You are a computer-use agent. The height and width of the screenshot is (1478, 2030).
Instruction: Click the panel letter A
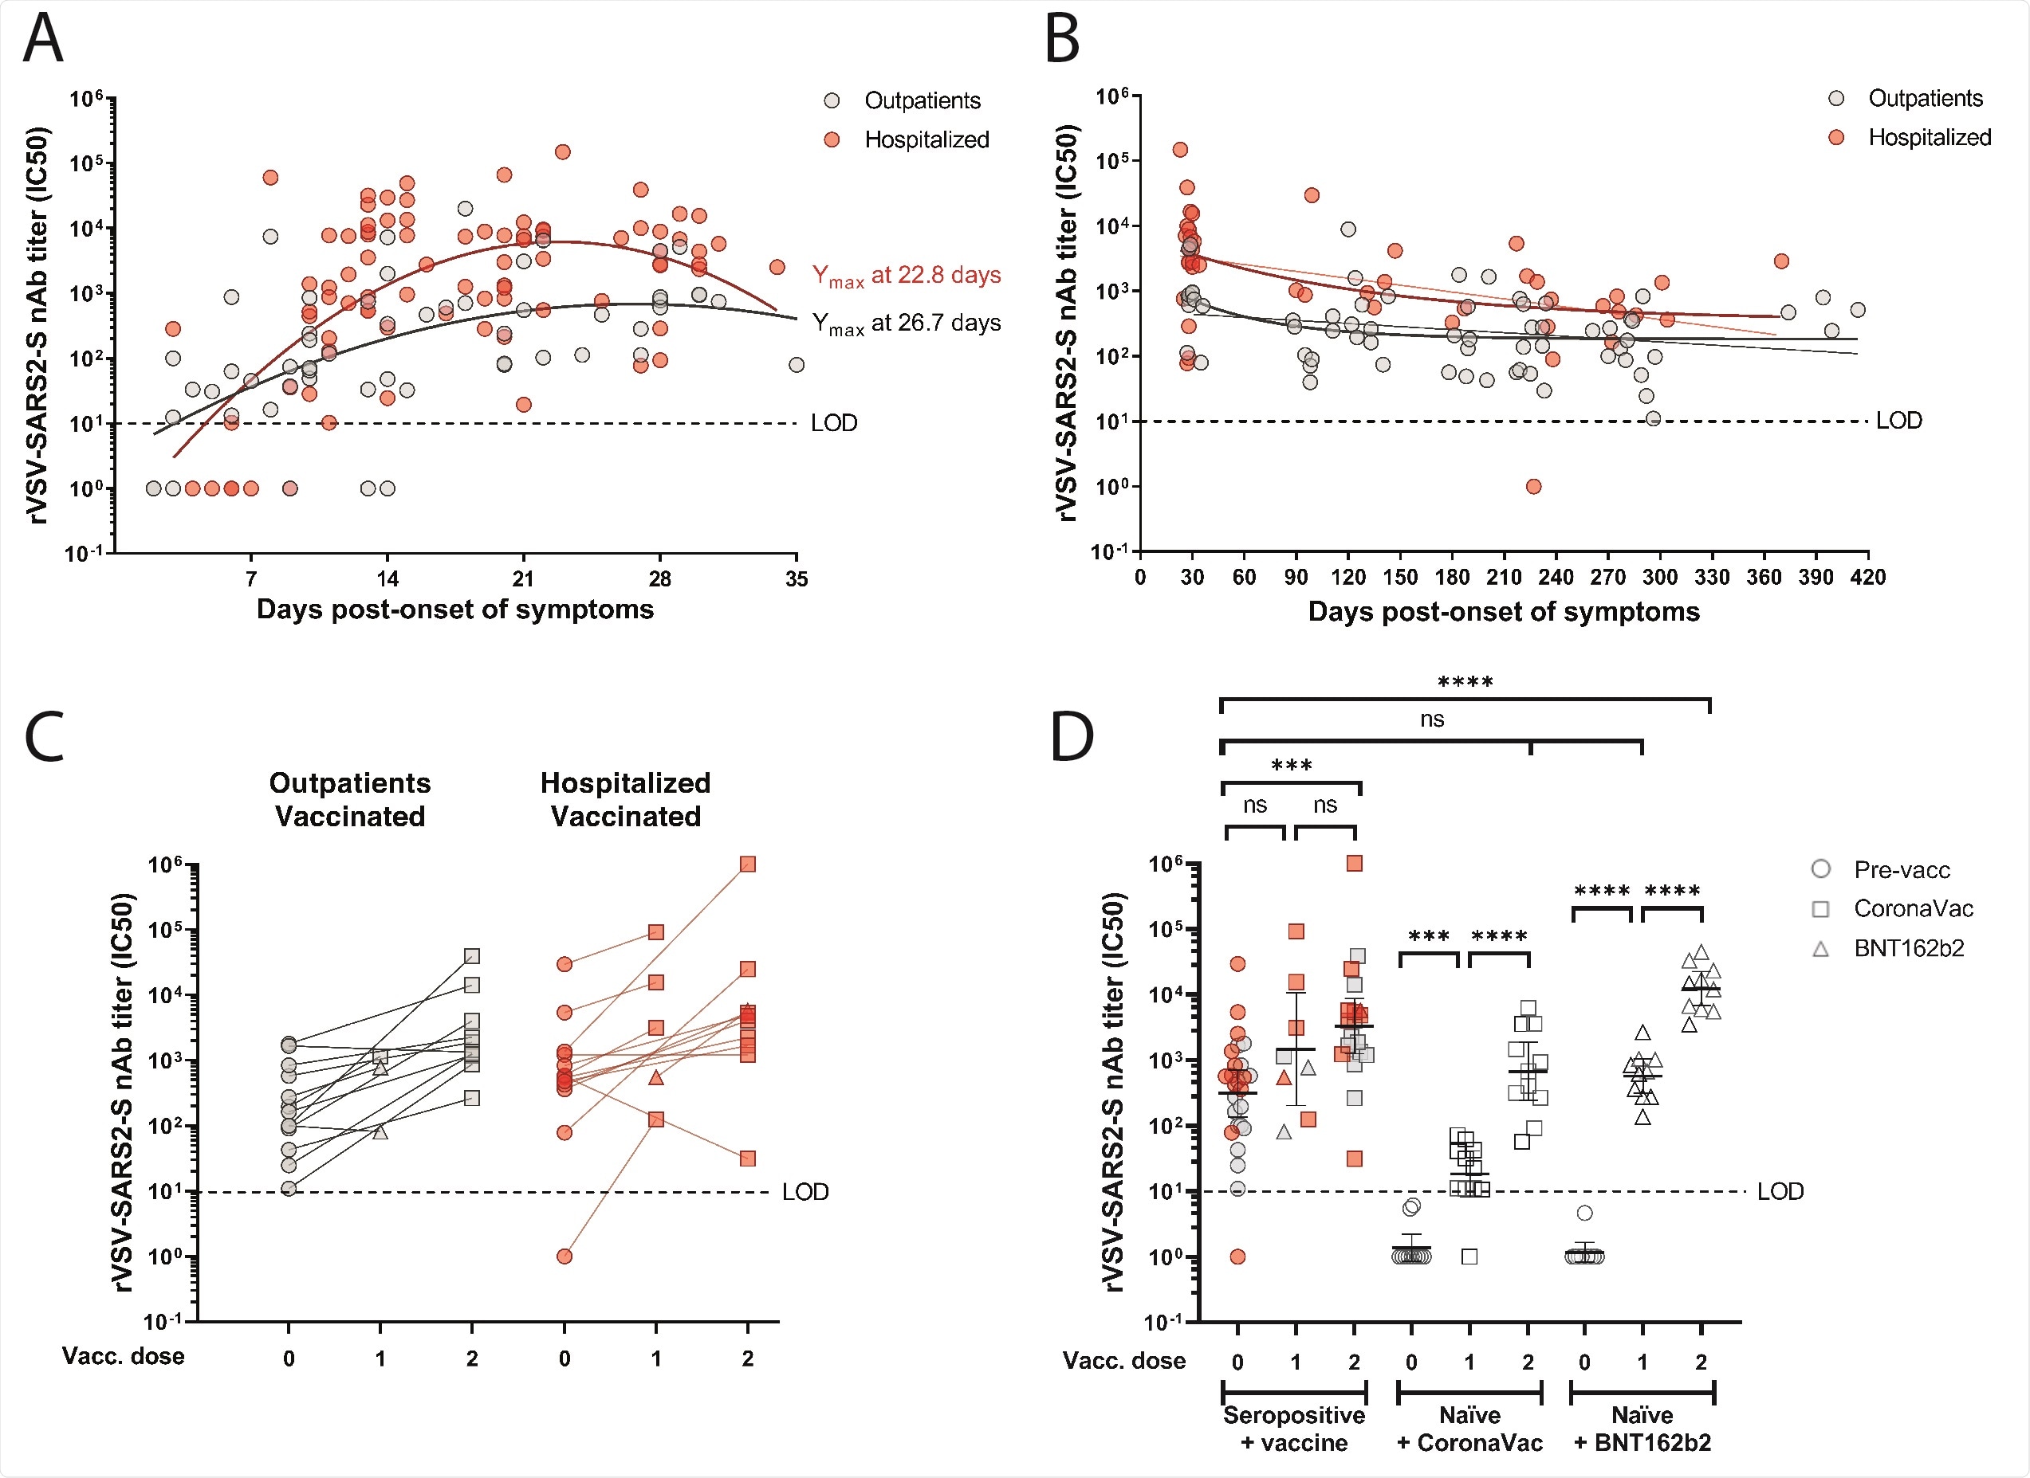click(x=43, y=41)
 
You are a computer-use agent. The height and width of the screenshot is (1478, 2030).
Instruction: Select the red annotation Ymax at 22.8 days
click(x=906, y=276)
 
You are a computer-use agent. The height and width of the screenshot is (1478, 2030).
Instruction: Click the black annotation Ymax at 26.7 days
click(x=906, y=323)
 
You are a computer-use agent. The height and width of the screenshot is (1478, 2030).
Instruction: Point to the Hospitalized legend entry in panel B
click(x=1928, y=138)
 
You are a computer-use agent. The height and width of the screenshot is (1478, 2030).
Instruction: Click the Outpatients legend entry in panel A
click(x=921, y=101)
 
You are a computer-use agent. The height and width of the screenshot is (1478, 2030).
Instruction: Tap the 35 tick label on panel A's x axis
click(x=796, y=580)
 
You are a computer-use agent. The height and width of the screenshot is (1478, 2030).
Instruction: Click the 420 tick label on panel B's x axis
click(x=1867, y=578)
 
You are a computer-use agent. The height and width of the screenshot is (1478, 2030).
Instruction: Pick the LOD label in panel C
click(x=805, y=1193)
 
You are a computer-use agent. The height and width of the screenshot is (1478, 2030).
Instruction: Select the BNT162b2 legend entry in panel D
click(x=1907, y=948)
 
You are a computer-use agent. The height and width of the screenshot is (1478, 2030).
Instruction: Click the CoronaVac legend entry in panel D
click(x=1912, y=909)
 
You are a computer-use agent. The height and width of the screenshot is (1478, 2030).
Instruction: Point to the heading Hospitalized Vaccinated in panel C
click(x=625, y=799)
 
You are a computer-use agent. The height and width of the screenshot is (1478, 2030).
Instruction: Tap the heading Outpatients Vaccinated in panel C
click(x=350, y=799)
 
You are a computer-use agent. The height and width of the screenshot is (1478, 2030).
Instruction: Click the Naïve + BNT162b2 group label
click(x=1642, y=1429)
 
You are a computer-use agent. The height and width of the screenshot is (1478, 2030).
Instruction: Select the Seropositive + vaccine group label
click(x=1293, y=1429)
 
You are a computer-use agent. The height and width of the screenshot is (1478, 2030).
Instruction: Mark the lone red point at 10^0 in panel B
click(x=1533, y=487)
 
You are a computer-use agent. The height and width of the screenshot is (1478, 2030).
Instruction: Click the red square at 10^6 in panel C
click(x=747, y=864)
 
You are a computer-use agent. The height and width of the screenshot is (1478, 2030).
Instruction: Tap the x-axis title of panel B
click(x=1503, y=612)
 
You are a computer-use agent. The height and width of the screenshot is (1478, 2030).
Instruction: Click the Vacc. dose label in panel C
click(x=123, y=1356)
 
